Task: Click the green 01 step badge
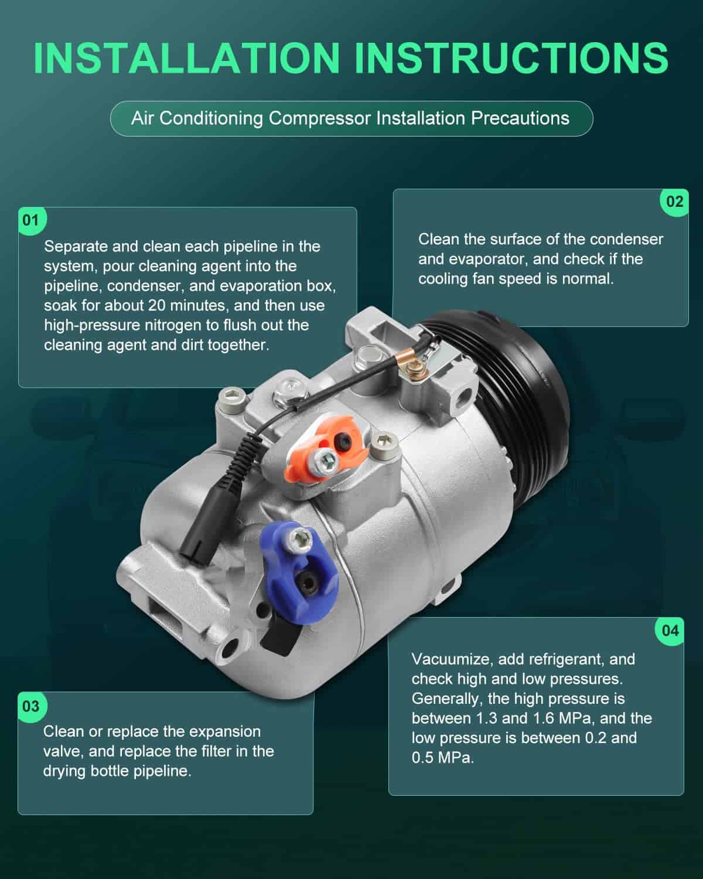click(32, 221)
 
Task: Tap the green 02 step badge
click(675, 202)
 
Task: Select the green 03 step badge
click(32, 706)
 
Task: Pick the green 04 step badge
click(670, 631)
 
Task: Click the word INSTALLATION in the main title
click(187, 58)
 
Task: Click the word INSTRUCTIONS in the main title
click(511, 58)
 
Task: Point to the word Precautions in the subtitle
click(520, 118)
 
